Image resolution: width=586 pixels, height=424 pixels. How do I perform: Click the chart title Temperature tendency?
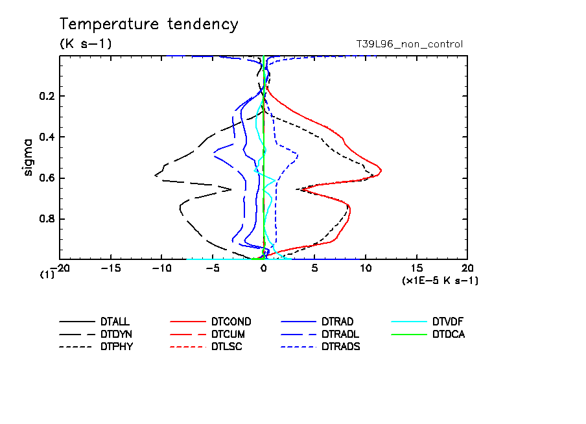coord(148,25)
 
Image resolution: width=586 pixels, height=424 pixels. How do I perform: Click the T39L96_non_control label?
coord(410,44)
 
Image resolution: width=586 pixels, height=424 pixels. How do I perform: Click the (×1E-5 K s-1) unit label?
coord(440,280)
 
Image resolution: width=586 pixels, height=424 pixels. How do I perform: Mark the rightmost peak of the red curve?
coord(381,171)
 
